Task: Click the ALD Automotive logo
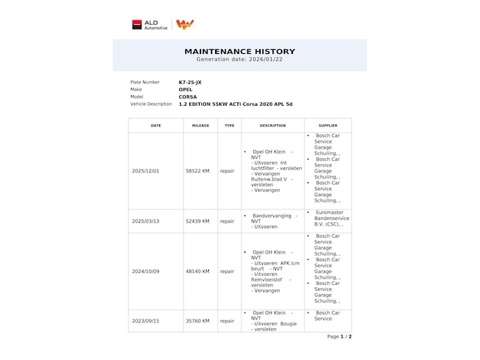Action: click(x=151, y=25)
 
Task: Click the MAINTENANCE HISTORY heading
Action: click(x=240, y=51)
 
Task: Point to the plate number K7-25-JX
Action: click(x=191, y=82)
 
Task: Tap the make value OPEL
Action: click(x=186, y=90)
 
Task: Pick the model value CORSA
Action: click(x=188, y=97)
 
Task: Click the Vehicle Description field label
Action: click(x=151, y=104)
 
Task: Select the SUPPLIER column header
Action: click(x=327, y=125)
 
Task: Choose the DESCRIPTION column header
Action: click(x=273, y=125)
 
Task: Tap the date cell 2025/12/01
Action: click(x=146, y=171)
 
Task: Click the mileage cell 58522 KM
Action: click(x=197, y=171)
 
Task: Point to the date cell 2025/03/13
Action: click(x=146, y=221)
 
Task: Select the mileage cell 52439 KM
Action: click(x=197, y=221)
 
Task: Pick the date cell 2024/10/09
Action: click(x=146, y=271)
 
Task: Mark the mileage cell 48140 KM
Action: click(x=197, y=271)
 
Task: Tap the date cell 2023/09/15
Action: click(x=146, y=321)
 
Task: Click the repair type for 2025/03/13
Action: click(x=227, y=221)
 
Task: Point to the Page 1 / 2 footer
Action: click(x=339, y=336)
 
